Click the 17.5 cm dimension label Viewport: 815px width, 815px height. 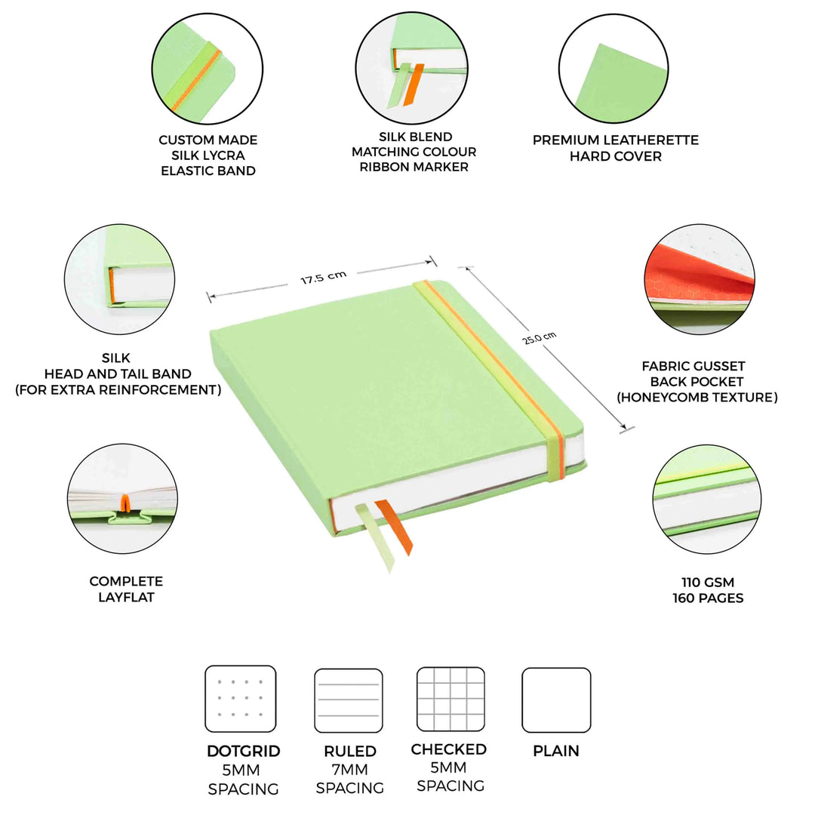click(323, 278)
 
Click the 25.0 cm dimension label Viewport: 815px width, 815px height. click(540, 337)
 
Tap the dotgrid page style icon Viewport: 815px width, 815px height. click(241, 699)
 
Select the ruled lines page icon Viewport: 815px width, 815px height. click(349, 700)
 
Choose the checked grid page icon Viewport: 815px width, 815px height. click(451, 699)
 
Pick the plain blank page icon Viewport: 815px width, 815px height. click(556, 700)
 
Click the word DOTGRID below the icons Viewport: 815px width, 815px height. click(243, 751)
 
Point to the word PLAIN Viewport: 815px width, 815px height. click(556, 751)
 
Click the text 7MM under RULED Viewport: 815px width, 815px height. click(350, 770)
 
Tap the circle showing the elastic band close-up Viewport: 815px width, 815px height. click(208, 69)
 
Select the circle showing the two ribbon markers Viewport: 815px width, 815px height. click(412, 68)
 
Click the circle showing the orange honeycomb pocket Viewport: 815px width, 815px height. click(700, 279)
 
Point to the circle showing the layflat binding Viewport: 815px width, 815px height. click(123, 499)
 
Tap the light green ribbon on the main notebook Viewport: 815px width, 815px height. click(375, 538)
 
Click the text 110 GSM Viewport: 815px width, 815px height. click(708, 582)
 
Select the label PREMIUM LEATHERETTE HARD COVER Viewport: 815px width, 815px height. click(616, 148)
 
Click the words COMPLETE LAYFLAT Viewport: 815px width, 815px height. click(126, 589)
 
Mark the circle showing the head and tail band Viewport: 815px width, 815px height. click(119, 279)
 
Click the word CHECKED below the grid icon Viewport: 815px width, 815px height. click(448, 749)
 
